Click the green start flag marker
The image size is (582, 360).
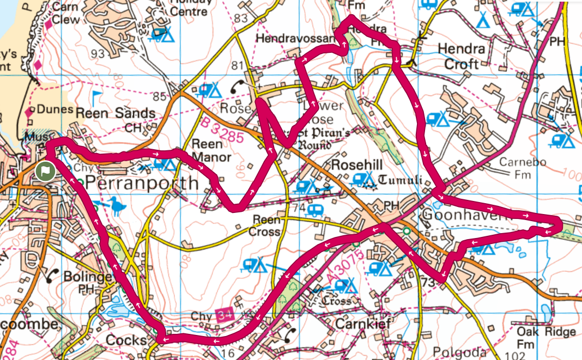point(45,170)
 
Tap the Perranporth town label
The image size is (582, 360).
point(140,182)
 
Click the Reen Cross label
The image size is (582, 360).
point(266,226)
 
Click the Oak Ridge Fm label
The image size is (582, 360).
point(546,338)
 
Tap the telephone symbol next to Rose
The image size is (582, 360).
point(238,86)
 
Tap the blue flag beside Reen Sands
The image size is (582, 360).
point(96,98)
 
